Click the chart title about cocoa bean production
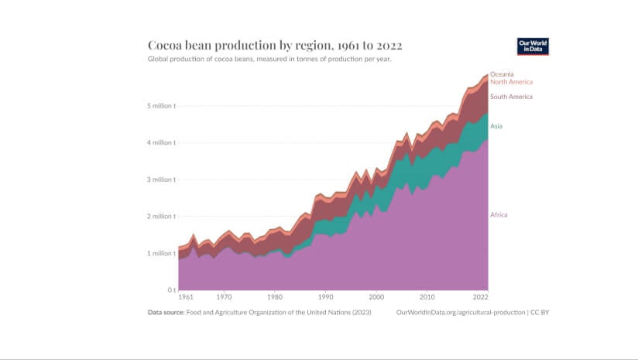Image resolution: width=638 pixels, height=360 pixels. coord(274,46)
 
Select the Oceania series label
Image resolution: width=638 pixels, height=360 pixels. coord(502,74)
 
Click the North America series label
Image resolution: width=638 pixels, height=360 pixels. coord(511,82)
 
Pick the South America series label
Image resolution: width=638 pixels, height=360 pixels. coord(511,97)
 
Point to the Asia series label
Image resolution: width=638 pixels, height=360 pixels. coord(497,126)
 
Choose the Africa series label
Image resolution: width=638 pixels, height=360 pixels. coord(499,214)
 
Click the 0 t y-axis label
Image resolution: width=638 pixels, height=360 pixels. coord(170,290)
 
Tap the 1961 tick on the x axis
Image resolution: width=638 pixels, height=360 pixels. coord(186,297)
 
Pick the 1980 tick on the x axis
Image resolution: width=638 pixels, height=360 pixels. coord(274,297)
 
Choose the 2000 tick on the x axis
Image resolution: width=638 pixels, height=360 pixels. coord(376,297)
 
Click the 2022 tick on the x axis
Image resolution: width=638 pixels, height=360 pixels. coord(481,297)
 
